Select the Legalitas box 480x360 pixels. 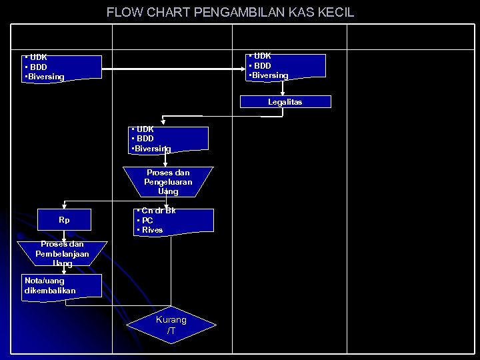(285, 102)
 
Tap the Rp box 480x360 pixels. (64, 220)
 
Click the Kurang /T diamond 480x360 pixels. (171, 325)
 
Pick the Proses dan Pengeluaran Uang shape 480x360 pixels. (166, 181)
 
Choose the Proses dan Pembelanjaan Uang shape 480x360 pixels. (62, 254)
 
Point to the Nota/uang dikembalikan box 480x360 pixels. (63, 285)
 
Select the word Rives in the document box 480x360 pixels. (152, 230)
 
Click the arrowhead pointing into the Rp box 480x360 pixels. (64, 207)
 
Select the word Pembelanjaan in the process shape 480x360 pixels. (62, 254)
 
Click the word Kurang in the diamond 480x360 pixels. (171, 320)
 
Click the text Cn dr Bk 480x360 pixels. (159, 211)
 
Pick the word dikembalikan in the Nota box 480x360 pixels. (50, 291)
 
